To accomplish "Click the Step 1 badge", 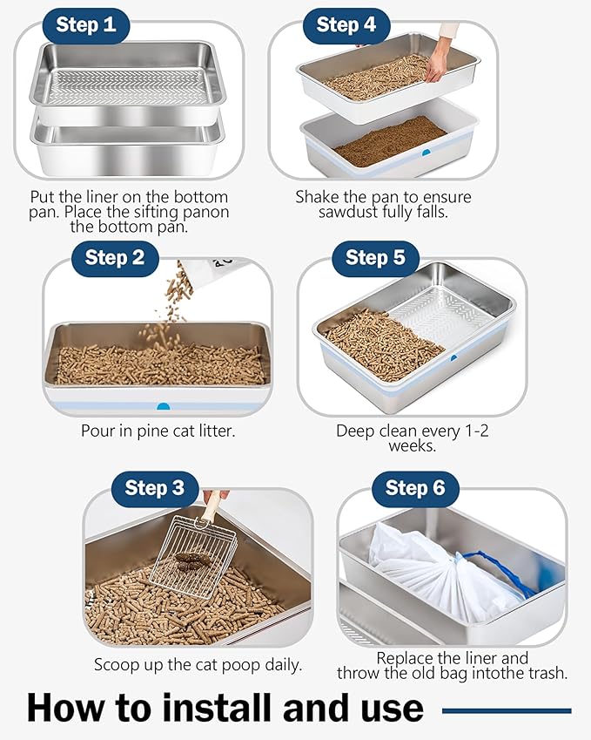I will (85, 25).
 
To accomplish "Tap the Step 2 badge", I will (115, 258).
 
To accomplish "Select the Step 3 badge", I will (154, 488).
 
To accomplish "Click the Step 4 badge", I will (346, 25).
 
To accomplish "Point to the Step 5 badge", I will (375, 258).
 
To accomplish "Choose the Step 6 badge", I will (415, 488).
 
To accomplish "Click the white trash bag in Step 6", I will (426, 575).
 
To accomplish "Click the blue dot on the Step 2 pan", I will (163, 406).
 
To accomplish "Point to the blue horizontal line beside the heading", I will (507, 711).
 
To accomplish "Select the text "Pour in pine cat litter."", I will (158, 431).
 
